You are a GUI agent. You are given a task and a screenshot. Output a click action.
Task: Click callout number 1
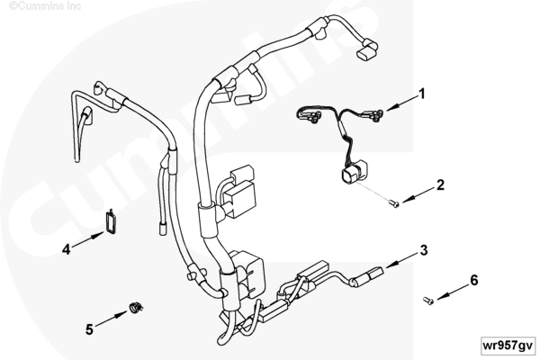point(421,94)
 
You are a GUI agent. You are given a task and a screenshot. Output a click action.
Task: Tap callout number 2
point(440,185)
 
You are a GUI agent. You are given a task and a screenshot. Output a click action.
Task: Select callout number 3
point(424,250)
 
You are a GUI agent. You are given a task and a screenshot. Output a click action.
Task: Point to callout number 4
point(66,249)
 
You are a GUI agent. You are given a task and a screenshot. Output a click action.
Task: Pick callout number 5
point(89,329)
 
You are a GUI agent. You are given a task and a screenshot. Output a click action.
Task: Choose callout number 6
point(474,280)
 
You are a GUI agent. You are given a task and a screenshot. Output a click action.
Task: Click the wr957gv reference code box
point(508,346)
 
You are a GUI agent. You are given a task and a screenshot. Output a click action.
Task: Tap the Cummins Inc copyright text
point(45,6)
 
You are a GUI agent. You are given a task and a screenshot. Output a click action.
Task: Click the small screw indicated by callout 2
point(394,204)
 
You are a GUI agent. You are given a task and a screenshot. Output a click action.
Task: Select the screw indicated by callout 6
point(428,301)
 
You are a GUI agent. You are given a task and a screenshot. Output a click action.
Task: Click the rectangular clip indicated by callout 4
point(111,222)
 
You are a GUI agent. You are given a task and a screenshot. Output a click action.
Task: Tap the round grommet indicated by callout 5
point(136,307)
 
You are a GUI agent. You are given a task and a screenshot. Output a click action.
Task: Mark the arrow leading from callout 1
point(402,104)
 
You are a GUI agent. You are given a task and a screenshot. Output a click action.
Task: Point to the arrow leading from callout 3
point(403,261)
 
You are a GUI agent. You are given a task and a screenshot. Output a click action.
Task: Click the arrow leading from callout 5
point(112,319)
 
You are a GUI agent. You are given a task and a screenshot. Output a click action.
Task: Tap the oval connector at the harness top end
point(365,55)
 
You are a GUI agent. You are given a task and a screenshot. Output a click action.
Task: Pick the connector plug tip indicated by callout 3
point(375,274)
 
